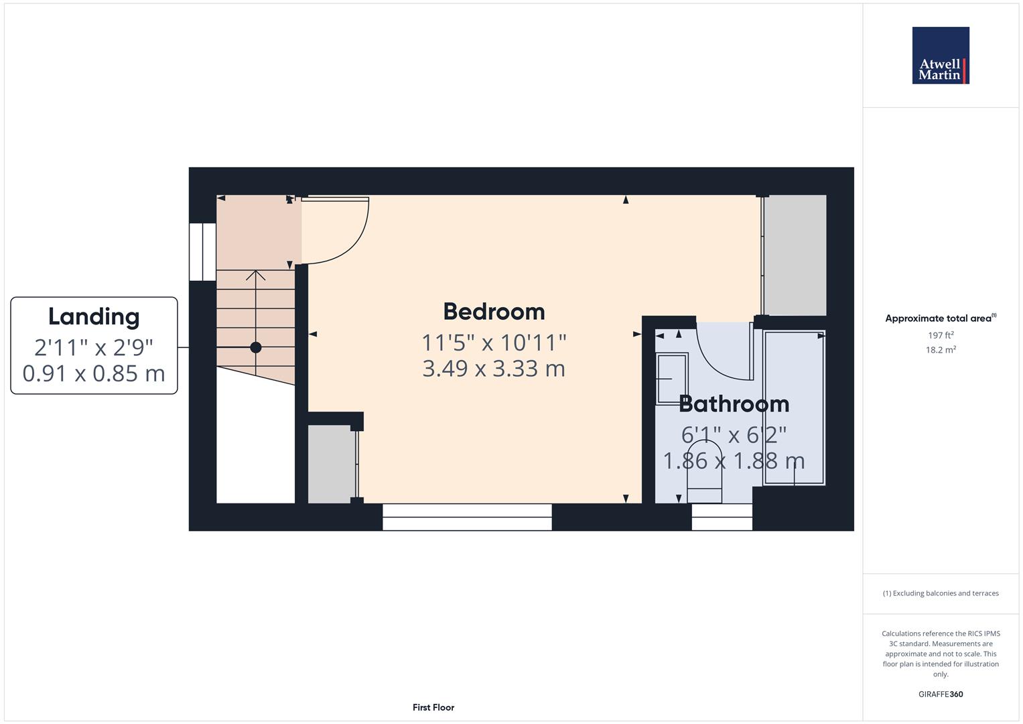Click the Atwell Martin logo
tap(941, 55)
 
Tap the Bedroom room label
tap(494, 312)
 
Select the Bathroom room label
tap(734, 404)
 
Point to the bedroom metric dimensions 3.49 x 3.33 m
tap(494, 369)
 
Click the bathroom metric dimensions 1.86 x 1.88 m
tap(734, 461)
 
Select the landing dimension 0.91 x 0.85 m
tap(94, 373)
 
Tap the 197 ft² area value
tap(941, 335)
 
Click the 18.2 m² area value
tap(941, 350)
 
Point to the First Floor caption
tap(433, 707)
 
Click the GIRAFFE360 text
tap(941, 694)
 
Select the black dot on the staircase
tap(256, 347)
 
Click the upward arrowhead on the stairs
tap(256, 276)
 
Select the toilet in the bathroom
tap(705, 471)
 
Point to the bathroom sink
tap(672, 379)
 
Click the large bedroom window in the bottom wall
tap(467, 517)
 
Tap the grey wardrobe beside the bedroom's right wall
tap(795, 255)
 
